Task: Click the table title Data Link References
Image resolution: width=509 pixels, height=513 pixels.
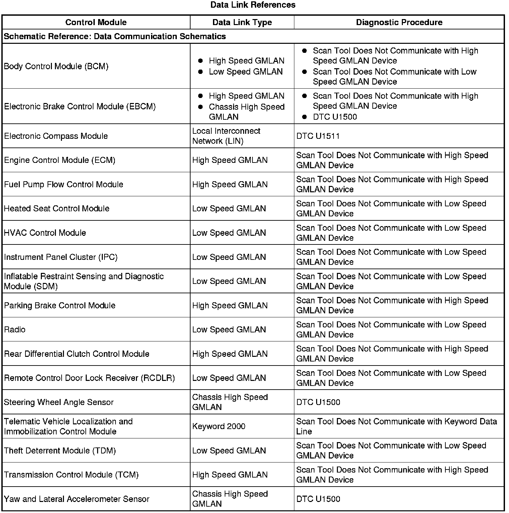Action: coord(253,5)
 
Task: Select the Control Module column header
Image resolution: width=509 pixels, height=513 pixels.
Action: coord(96,22)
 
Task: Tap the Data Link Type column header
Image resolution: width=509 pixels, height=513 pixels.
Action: coord(242,22)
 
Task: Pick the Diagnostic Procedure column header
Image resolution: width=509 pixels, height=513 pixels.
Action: coord(399,22)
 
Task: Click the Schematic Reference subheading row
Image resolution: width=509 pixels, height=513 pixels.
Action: coord(115,36)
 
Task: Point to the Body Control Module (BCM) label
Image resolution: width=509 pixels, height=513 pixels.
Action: coord(56,66)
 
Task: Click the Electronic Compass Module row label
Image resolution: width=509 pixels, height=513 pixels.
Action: coord(56,136)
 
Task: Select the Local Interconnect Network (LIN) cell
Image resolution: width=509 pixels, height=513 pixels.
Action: coord(226,136)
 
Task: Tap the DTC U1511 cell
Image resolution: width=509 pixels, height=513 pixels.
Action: coord(318,136)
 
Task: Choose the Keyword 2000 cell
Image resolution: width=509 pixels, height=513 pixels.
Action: coord(219,426)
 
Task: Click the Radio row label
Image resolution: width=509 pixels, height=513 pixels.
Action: coord(15,330)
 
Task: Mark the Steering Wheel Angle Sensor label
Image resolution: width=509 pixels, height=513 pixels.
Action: coord(59,402)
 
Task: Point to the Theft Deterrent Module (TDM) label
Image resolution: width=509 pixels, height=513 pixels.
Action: coord(60,451)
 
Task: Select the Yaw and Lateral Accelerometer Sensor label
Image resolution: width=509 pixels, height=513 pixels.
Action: coord(76,499)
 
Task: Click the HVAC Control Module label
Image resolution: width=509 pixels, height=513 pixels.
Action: coord(45,233)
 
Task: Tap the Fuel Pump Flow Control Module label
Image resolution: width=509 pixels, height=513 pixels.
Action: coord(64,185)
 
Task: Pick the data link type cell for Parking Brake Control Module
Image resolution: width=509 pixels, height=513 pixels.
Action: coord(230,306)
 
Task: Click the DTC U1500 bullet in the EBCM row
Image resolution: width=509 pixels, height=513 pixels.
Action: coord(335,117)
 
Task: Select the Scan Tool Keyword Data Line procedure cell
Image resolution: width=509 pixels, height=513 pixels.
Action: coord(396,426)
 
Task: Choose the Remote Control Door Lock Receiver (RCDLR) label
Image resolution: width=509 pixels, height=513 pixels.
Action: coord(89,378)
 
